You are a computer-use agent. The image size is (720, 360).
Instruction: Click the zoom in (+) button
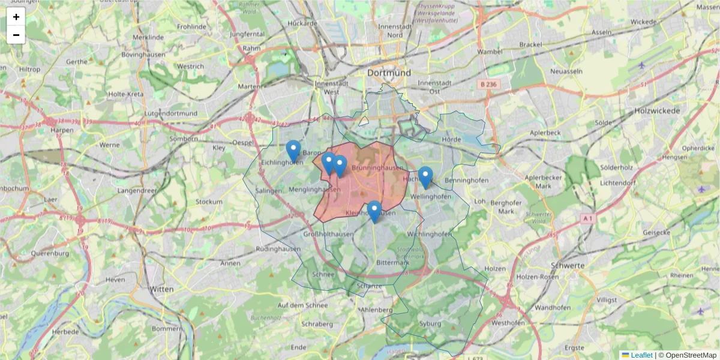(16, 17)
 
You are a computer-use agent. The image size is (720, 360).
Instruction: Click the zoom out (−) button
(16, 35)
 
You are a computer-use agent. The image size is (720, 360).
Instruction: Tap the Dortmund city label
(389, 73)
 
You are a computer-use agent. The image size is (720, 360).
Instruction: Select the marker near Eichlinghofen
(293, 151)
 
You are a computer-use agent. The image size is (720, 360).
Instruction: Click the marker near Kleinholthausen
(374, 211)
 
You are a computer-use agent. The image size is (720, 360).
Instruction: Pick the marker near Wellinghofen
(425, 177)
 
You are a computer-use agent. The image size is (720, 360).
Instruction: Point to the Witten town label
(161, 289)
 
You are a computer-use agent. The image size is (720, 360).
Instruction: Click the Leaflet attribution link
(641, 355)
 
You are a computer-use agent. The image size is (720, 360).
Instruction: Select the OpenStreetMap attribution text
(691, 355)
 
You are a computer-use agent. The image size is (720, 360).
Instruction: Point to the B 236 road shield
(488, 85)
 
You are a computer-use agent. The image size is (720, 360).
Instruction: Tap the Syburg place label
(430, 324)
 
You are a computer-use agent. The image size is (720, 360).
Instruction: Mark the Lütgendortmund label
(171, 113)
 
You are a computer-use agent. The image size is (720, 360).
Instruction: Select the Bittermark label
(392, 263)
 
